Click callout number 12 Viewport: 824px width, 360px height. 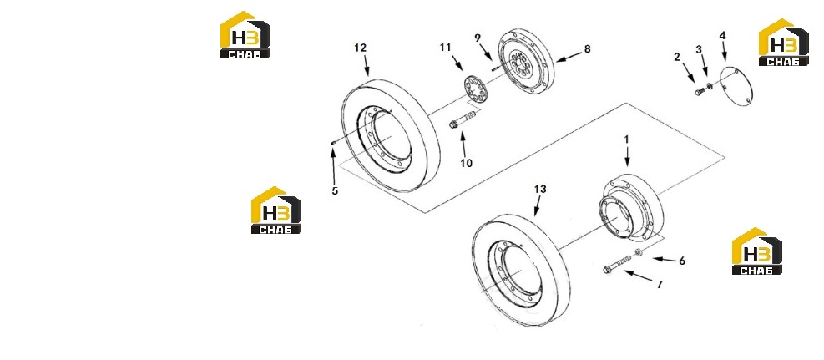point(360,48)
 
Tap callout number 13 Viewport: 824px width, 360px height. point(540,189)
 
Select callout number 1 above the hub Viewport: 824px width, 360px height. point(626,139)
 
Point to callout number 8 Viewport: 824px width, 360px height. point(587,49)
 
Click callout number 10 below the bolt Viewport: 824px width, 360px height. point(466,163)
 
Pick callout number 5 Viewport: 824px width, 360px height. point(335,190)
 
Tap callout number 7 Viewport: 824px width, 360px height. point(660,285)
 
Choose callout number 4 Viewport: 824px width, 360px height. point(723,36)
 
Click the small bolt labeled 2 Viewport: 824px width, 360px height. point(699,93)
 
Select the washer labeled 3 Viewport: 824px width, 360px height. point(709,86)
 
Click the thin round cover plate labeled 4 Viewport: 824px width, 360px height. point(736,87)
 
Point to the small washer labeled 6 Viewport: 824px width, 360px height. point(639,253)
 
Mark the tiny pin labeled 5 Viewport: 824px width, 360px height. point(333,142)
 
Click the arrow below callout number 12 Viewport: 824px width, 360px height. point(365,64)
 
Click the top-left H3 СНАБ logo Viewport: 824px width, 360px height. point(245,35)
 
